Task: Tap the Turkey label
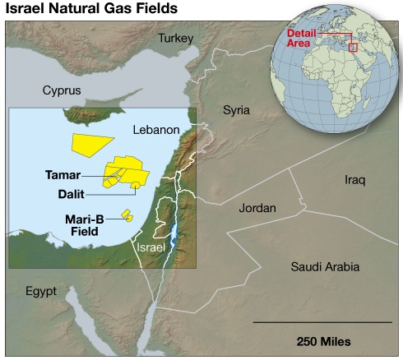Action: [x=175, y=39]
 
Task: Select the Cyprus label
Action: [x=63, y=90]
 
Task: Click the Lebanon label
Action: [x=155, y=130]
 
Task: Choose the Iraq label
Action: [x=354, y=179]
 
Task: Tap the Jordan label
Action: [x=257, y=208]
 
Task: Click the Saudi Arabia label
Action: [x=325, y=266]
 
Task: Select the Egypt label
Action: [x=40, y=291]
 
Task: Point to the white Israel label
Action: [x=151, y=247]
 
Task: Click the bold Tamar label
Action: [x=63, y=175]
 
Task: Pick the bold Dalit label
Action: [x=72, y=195]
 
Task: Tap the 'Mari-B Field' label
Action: [x=83, y=225]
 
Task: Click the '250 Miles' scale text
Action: [x=323, y=340]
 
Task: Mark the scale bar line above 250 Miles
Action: [x=323, y=323]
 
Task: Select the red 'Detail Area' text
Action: [x=300, y=37]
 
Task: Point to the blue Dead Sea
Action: [x=173, y=238]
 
